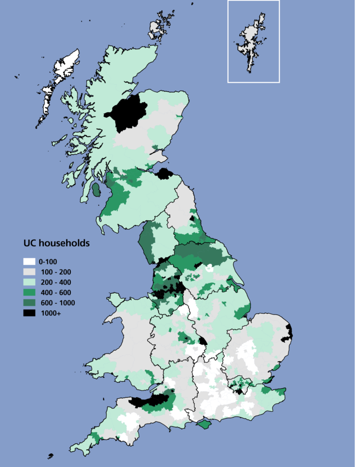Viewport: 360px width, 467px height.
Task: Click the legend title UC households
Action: coord(57,243)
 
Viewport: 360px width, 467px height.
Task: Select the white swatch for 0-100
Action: coord(29,262)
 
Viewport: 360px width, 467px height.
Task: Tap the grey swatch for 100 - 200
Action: coord(29,272)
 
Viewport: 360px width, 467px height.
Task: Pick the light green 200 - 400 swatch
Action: coord(29,282)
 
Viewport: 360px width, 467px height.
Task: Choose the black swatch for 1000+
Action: coord(29,313)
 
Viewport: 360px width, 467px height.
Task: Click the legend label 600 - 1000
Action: coord(57,303)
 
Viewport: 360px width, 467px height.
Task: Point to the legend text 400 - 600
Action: coord(55,292)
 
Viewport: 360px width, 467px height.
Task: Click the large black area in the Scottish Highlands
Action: coord(127,112)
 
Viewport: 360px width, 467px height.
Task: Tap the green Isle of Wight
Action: coord(204,424)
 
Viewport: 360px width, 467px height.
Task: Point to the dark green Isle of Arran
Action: coord(96,190)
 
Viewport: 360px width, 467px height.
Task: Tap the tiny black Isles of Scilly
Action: coord(50,456)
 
